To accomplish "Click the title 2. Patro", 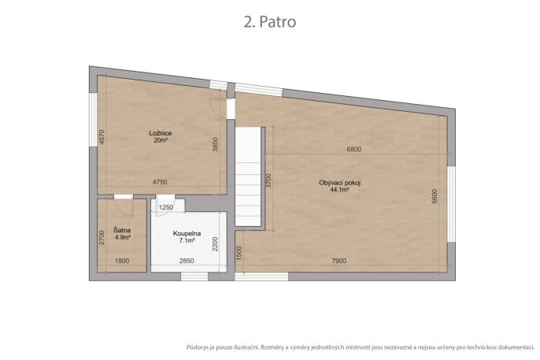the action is tap(270, 22).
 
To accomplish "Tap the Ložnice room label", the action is tap(161, 133).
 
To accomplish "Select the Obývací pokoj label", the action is tap(339, 183).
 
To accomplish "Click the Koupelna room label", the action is tap(187, 234).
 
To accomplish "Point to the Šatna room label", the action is tap(122, 230).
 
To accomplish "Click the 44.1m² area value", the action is tap(339, 190).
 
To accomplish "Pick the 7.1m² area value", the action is tap(187, 240).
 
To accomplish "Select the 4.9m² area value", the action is tap(123, 237).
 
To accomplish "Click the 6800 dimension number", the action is tap(354, 149).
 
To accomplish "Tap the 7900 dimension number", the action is tap(338, 261).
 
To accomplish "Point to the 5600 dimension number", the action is tap(435, 196).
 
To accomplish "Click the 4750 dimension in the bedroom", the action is tap(160, 182).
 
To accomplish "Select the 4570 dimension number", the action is tap(102, 136).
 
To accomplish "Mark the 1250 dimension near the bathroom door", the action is tap(165, 207).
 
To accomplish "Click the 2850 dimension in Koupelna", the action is tap(187, 261).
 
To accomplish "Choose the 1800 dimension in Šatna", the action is tap(122, 261).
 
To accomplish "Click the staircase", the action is tap(248, 176).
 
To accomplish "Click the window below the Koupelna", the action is tap(194, 276).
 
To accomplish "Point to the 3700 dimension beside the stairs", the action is tap(268, 180).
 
